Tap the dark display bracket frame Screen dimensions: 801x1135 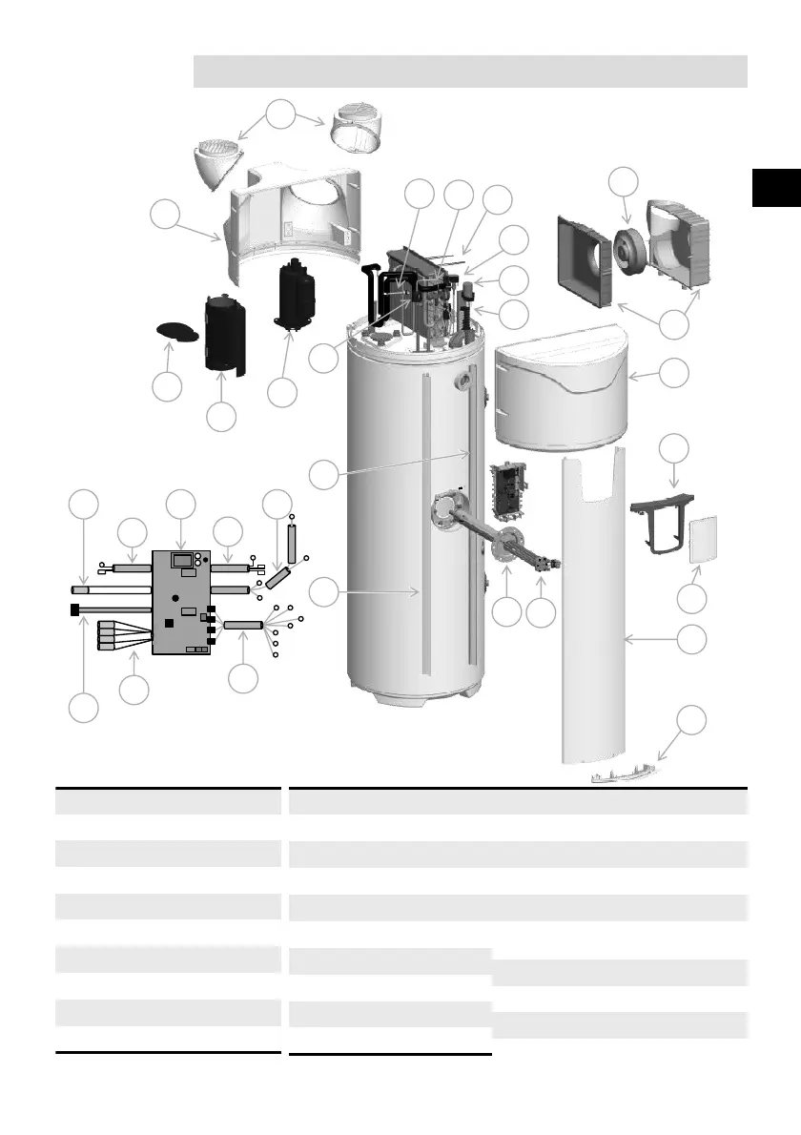pos(664,519)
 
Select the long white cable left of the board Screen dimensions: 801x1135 pos(109,590)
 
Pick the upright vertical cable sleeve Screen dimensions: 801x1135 pos(293,542)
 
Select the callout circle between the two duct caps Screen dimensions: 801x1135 pos(281,114)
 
